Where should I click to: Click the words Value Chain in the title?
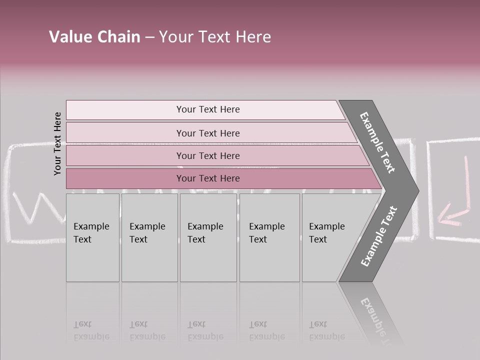point(94,37)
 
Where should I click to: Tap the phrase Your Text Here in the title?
point(215,37)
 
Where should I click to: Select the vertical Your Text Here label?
point(57,143)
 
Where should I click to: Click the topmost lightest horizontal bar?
point(207,109)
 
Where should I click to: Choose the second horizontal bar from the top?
point(207,133)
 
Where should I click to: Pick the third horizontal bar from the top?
point(207,156)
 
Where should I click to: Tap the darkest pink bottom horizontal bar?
point(207,178)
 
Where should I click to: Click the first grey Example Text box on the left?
point(92,237)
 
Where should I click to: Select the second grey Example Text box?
point(149,237)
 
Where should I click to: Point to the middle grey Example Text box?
point(208,237)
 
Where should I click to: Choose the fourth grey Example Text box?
point(269,237)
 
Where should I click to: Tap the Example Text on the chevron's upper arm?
point(377,142)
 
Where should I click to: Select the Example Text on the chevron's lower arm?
point(378,236)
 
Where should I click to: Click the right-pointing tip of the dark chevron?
point(415,191)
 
